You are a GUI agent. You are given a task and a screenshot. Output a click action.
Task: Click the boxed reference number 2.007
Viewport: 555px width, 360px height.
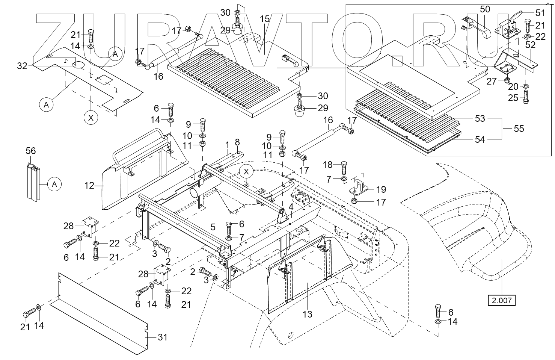click(x=501, y=300)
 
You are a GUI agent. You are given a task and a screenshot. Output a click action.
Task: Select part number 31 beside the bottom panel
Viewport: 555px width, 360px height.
click(x=162, y=337)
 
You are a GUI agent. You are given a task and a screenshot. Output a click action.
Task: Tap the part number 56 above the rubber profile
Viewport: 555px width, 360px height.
click(x=31, y=151)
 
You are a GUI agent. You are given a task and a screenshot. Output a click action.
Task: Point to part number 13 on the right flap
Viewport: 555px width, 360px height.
click(x=307, y=314)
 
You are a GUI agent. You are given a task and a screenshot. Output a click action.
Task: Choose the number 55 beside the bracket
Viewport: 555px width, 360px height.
click(x=519, y=129)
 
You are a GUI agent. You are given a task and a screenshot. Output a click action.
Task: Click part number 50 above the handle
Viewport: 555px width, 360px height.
click(x=485, y=9)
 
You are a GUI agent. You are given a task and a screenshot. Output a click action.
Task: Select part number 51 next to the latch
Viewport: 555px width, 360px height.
click(x=540, y=13)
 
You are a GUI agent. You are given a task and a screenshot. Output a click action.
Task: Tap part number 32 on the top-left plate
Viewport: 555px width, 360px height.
click(x=22, y=66)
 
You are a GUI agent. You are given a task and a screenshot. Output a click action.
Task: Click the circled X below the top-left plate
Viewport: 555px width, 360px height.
click(x=90, y=118)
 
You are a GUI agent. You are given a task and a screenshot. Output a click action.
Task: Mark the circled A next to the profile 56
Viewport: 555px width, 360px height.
click(x=54, y=185)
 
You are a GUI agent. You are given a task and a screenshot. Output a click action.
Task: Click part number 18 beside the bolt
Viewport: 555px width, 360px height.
click(x=328, y=164)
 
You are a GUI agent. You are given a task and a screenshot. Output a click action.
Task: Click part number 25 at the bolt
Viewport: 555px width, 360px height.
click(x=513, y=98)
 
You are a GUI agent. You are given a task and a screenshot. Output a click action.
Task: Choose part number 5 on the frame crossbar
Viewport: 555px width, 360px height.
click(x=213, y=227)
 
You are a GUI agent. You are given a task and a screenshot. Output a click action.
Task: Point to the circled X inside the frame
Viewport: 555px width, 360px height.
click(x=246, y=171)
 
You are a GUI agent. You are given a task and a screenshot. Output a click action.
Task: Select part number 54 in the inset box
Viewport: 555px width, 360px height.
click(x=480, y=140)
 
